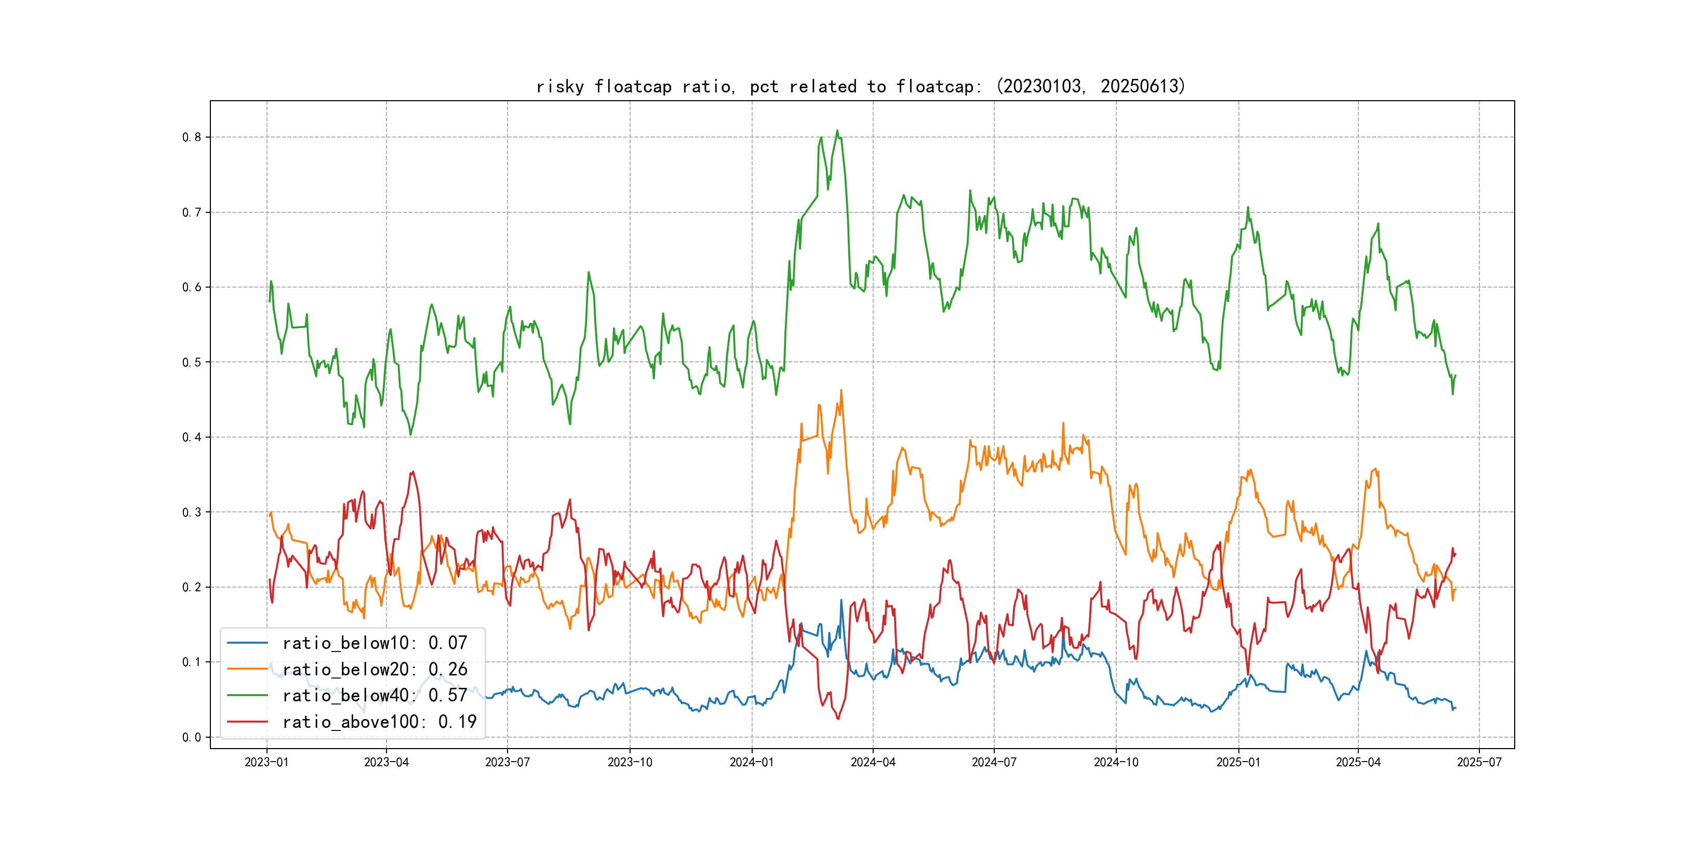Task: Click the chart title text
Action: coord(860,86)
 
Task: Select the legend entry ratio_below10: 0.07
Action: coord(375,643)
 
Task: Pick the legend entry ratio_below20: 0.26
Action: coord(375,669)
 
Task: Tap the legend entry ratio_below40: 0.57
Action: coord(375,696)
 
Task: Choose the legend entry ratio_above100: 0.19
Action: coord(379,722)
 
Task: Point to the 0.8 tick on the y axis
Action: coord(192,137)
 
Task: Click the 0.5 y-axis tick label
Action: coord(192,362)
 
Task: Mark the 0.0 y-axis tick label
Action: coord(192,737)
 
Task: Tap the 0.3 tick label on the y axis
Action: coord(192,512)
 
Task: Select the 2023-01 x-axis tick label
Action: coord(266,762)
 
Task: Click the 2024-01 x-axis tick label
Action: coord(751,762)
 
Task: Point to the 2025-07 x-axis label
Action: coord(1479,762)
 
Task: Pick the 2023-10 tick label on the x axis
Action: coord(630,762)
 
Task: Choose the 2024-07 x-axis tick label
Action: coord(994,762)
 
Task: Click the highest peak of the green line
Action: coord(837,131)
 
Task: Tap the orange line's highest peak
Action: coord(841,390)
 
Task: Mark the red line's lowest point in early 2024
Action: coord(838,719)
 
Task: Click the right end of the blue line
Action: coord(1455,708)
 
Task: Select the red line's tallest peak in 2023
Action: coord(413,471)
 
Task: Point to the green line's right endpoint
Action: coord(1455,375)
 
